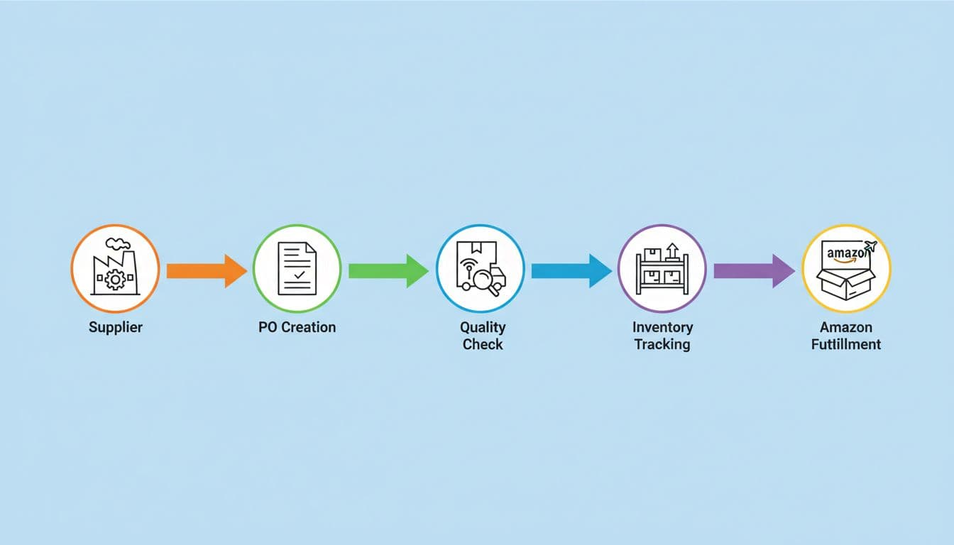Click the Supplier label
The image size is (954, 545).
point(115,328)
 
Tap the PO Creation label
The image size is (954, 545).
point(297,327)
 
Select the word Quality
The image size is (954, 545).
point(482,327)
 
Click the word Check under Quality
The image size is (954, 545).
point(482,345)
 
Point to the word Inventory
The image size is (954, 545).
point(662,327)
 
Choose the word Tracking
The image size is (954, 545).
point(662,345)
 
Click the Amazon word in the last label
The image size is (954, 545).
point(845,327)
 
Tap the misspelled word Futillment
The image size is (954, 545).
point(845,345)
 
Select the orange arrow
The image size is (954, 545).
point(206,270)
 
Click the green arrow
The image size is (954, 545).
point(388,270)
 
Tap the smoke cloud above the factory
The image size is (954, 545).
point(117,235)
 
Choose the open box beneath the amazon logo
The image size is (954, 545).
point(845,283)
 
